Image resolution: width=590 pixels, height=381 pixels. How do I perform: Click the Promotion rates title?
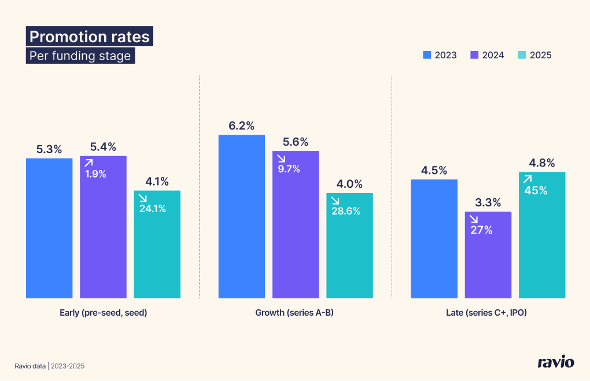(89, 37)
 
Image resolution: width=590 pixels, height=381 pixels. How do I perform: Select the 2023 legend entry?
(440, 55)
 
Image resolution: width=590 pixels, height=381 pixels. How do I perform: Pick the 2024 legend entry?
(487, 55)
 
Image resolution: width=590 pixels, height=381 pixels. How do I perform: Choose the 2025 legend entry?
(534, 55)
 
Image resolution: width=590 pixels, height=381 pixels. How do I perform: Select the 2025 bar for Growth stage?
(349, 254)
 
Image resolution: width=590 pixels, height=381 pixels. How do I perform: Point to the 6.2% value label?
(241, 126)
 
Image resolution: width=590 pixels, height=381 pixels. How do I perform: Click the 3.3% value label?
(488, 203)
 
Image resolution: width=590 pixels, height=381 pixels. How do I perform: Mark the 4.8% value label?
(542, 163)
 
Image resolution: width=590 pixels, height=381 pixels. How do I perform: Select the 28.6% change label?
(346, 211)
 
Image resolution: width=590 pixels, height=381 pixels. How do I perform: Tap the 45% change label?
(536, 190)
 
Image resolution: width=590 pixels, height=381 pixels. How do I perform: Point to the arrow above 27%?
(473, 219)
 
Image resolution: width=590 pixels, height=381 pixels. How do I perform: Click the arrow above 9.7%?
(281, 158)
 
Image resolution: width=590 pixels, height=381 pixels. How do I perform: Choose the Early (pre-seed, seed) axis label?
(103, 313)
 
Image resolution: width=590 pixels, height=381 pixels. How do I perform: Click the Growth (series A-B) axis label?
(295, 313)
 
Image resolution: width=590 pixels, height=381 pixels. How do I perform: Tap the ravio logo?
(556, 362)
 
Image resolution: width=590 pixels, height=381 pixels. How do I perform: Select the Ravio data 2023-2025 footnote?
(53, 366)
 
